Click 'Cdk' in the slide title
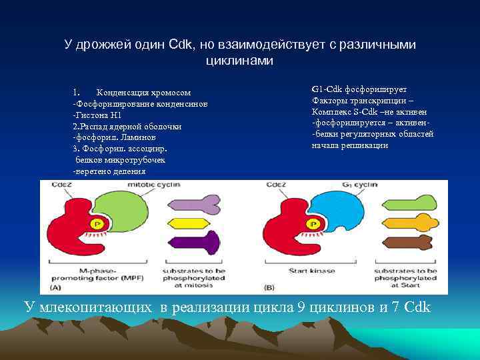pos(181,45)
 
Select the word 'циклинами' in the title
pos(239,60)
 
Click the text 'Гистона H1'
pos(100,115)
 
